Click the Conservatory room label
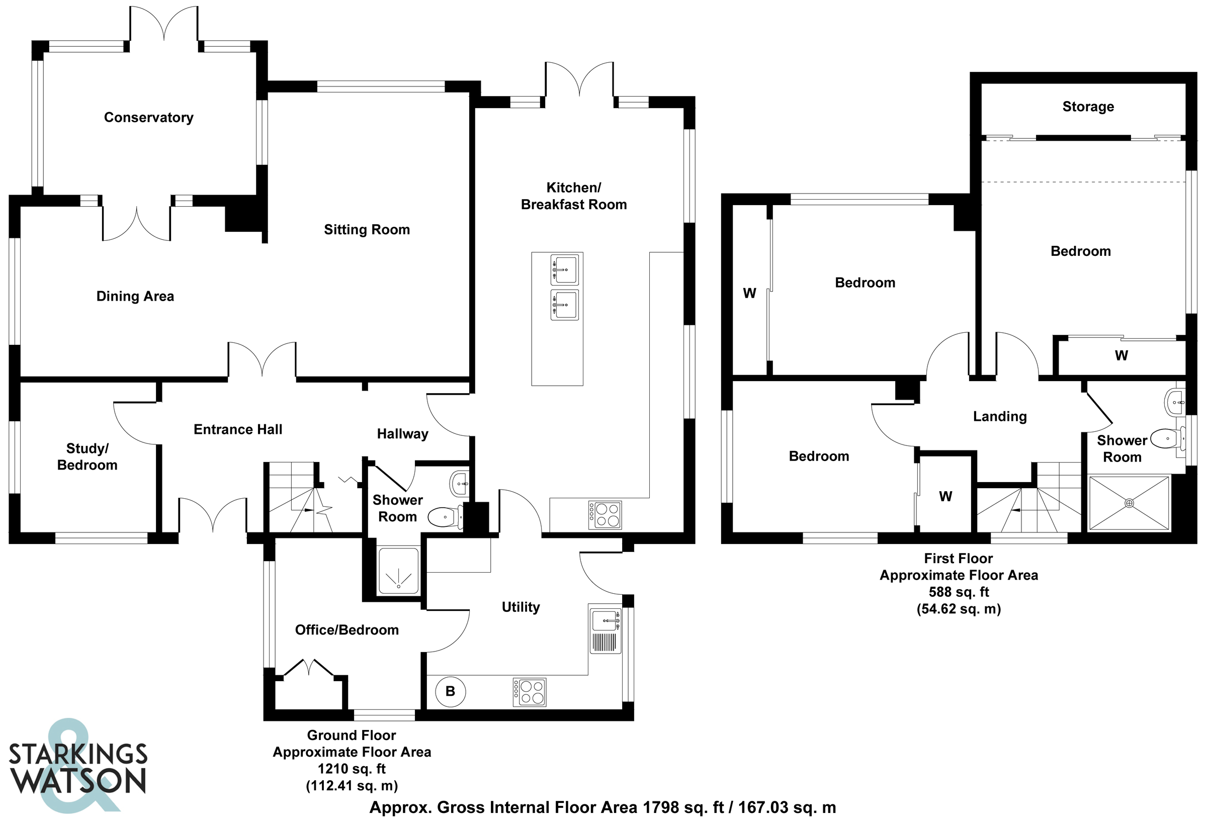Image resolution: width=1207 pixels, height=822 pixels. point(148,117)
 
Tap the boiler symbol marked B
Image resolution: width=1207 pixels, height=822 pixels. point(450,691)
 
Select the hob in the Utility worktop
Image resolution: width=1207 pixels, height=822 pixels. point(529,692)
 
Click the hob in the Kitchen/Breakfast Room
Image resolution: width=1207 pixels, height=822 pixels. point(605,515)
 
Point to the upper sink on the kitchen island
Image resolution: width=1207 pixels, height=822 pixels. point(565,269)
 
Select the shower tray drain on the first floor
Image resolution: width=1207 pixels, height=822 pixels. point(1129,503)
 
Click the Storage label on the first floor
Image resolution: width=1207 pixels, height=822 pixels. point(1088,107)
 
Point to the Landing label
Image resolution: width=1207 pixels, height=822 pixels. point(1000,416)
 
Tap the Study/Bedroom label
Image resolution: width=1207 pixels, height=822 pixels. point(87,456)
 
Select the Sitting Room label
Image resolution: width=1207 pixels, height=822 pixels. point(367,230)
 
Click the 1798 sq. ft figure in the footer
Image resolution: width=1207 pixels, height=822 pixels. point(683,807)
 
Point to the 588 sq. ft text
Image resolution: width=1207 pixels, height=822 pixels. point(959,592)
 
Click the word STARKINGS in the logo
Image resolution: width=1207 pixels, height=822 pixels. point(78,755)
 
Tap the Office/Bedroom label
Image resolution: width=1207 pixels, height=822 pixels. point(347,630)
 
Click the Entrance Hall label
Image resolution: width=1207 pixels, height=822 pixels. point(238,429)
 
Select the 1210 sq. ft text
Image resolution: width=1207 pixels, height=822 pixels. point(352,769)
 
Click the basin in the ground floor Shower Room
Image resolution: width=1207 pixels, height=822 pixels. point(460,484)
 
